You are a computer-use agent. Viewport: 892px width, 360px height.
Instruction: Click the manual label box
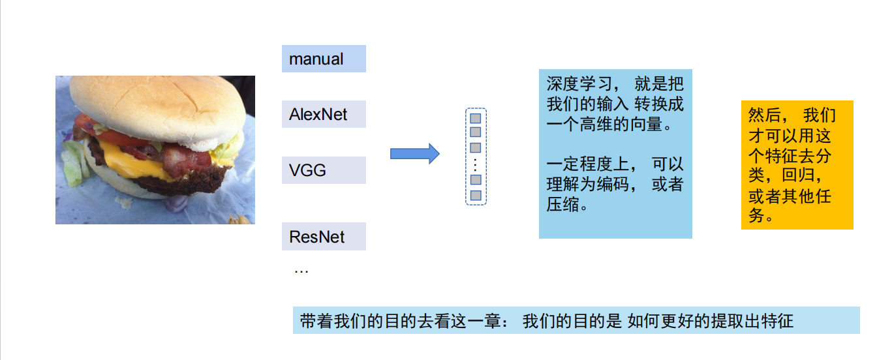click(x=324, y=59)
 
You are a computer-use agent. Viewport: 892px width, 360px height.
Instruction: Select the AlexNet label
click(x=324, y=115)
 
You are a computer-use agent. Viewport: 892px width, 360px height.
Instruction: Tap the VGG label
click(x=324, y=171)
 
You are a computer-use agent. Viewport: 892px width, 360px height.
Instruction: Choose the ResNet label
click(x=324, y=237)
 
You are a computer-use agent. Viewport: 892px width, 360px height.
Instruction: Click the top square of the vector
click(x=476, y=118)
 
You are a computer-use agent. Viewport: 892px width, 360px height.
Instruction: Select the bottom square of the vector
click(x=476, y=195)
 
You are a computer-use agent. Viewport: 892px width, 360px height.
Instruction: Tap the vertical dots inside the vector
click(x=476, y=163)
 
